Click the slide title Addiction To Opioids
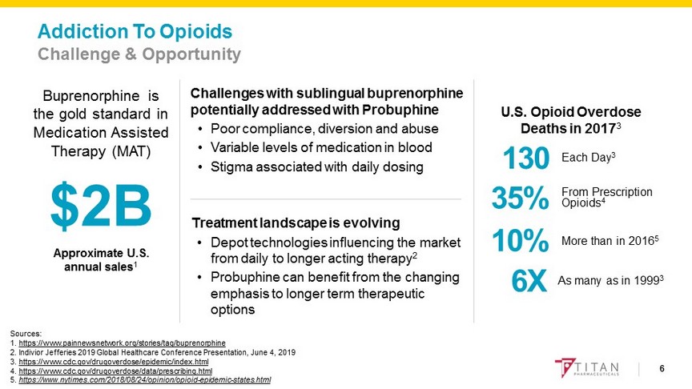(135, 32)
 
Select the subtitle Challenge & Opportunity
(139, 54)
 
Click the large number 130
(525, 158)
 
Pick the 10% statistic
(520, 241)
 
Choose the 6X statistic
(529, 281)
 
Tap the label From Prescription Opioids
(606, 197)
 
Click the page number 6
(662, 368)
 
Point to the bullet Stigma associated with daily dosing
(315, 167)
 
